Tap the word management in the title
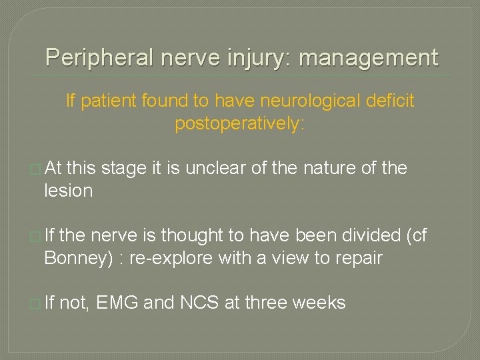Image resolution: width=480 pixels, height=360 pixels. tap(369, 58)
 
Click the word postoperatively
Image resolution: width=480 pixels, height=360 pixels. tap(239, 123)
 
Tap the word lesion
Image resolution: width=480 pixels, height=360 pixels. tap(68, 191)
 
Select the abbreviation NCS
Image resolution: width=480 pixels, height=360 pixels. tap(200, 303)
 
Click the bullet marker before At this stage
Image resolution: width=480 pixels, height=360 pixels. tap(35, 169)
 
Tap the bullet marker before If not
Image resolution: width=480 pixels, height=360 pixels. tap(35, 303)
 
